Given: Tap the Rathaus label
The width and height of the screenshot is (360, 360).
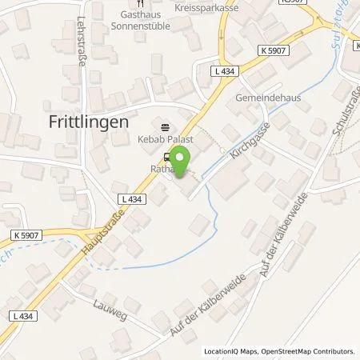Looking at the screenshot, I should click(165, 168).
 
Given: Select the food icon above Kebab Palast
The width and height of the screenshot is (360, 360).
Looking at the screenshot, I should click(166, 126).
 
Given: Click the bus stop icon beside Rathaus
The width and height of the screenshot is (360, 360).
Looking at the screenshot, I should click(166, 157).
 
